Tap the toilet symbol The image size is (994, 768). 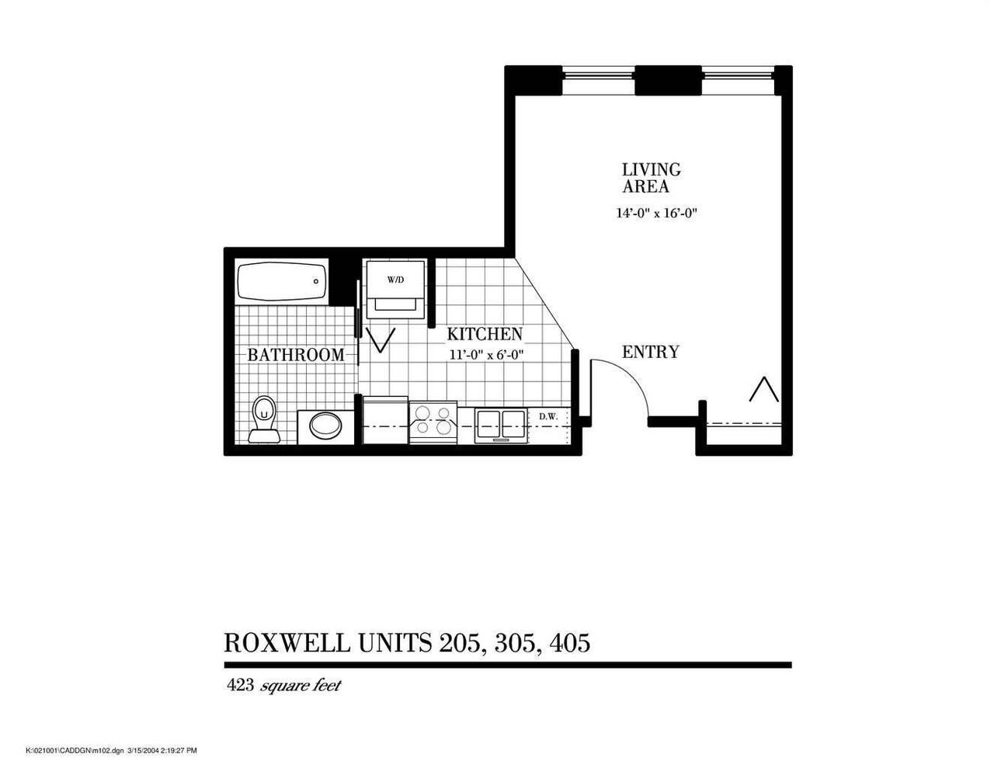[x=264, y=419]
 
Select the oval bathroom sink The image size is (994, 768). [x=325, y=426]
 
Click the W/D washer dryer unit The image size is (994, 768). [x=395, y=289]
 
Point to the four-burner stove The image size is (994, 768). [x=433, y=423]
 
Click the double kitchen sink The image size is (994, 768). [x=501, y=424]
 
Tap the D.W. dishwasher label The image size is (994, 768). [x=549, y=417]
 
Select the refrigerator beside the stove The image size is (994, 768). [x=385, y=421]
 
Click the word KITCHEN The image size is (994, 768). [x=484, y=335]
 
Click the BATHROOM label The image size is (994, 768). [x=295, y=355]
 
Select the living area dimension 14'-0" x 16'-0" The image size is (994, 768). [x=658, y=214]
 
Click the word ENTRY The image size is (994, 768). [x=650, y=352]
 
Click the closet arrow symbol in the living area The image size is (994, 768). [x=763, y=388]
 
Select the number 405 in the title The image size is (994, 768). [x=570, y=643]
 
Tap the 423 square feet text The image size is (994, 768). [x=283, y=686]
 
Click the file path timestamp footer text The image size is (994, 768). [x=112, y=750]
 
